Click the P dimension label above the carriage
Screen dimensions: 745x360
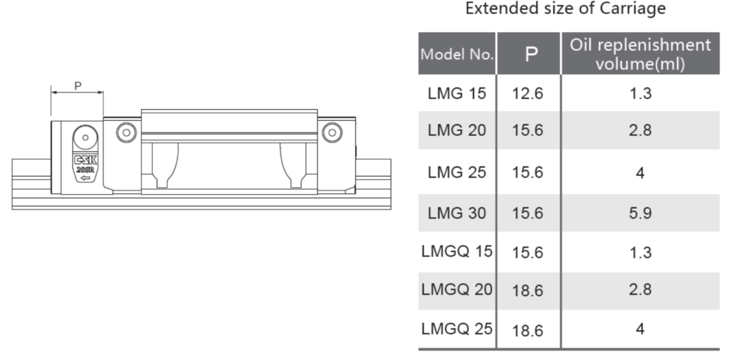(78, 86)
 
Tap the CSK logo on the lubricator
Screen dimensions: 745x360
(86, 160)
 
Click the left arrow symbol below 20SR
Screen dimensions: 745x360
(86, 178)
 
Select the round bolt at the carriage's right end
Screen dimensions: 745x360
(332, 132)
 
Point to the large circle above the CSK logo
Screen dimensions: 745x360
(86, 137)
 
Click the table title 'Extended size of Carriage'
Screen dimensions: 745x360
(565, 9)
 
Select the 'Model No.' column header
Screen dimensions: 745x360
(457, 54)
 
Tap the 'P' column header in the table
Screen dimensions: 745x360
(531, 55)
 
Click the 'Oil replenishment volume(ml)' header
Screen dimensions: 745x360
(640, 54)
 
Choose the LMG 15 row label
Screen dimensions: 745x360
(457, 93)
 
